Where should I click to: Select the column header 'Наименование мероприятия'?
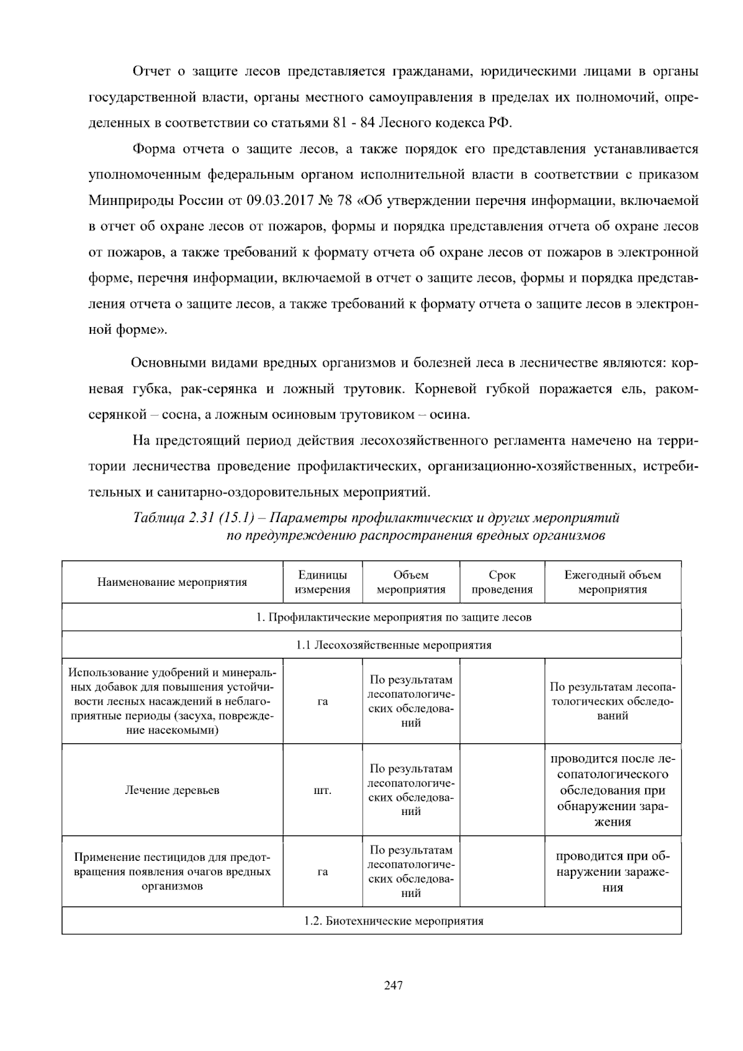point(172,582)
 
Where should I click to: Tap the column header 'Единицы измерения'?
point(322,582)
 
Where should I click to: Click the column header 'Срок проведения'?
point(502,582)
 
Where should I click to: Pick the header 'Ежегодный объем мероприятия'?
point(612,582)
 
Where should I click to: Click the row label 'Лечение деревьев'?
point(172,790)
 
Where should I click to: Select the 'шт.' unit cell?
point(322,791)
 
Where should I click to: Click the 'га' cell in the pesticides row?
point(322,872)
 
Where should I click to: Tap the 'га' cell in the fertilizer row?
point(322,701)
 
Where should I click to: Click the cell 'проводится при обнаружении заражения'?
point(612,872)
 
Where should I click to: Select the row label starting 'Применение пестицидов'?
point(172,872)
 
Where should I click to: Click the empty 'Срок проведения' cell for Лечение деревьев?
point(502,790)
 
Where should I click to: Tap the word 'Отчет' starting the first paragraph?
point(152,72)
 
